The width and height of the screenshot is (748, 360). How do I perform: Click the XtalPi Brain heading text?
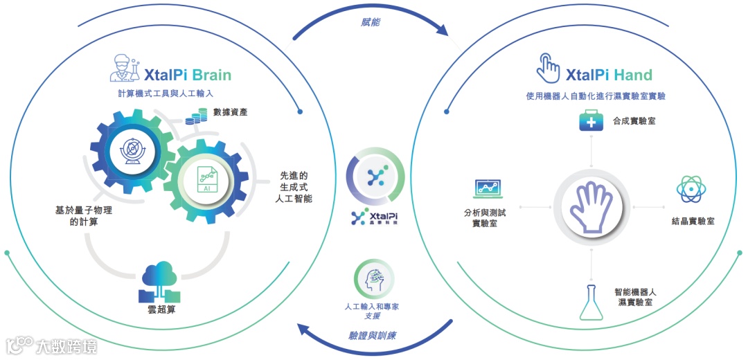[188, 75]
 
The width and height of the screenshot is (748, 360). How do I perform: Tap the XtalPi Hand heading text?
[609, 75]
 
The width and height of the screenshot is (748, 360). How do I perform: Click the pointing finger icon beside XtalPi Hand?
[549, 69]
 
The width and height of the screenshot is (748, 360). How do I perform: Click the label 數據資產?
[231, 111]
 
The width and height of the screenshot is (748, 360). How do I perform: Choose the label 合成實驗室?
[634, 120]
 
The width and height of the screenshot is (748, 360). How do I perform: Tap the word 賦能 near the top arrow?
[370, 22]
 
